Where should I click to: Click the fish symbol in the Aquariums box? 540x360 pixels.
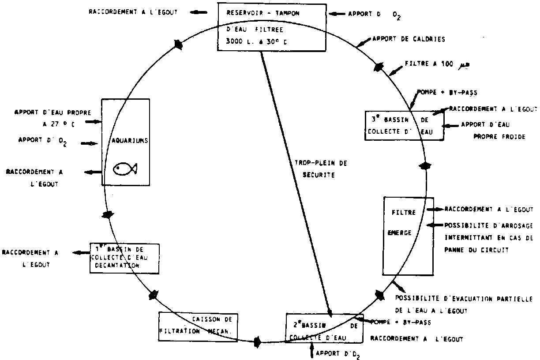(126, 168)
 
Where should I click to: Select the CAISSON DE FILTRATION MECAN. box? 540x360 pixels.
(197, 326)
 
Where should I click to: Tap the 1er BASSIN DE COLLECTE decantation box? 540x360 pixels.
(124, 258)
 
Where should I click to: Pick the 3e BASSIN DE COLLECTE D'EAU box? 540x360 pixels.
(405, 125)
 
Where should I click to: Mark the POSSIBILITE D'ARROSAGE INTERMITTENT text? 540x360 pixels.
(488, 237)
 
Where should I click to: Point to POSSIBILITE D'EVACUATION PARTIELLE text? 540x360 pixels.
(463, 304)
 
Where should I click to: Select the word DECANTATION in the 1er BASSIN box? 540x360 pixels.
(117, 266)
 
